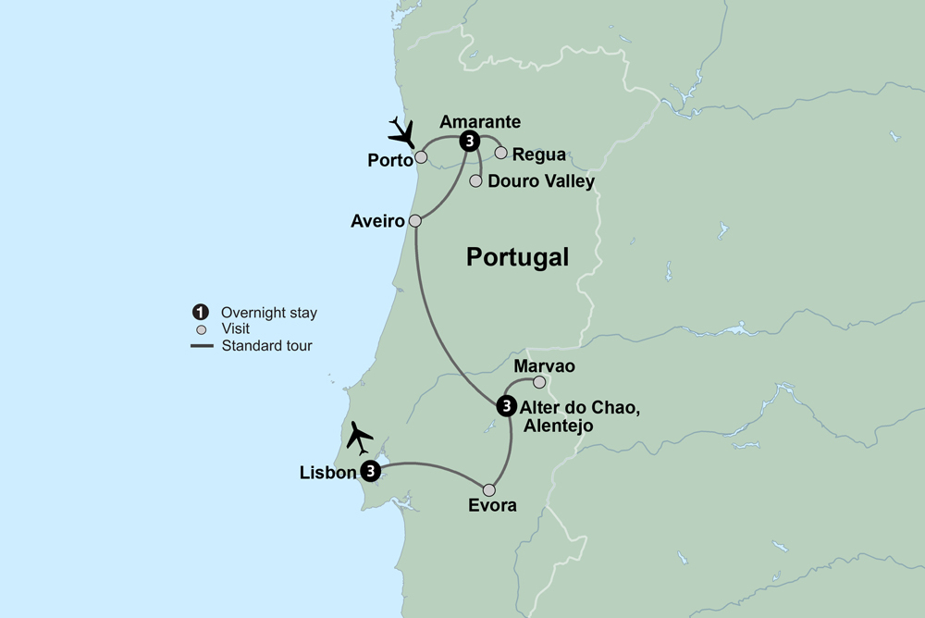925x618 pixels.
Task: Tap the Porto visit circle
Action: tap(421, 157)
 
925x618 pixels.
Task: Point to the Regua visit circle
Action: tap(501, 153)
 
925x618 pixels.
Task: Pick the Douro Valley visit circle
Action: tap(475, 181)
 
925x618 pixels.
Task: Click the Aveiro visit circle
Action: tap(415, 221)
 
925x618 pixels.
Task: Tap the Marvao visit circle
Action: tap(539, 382)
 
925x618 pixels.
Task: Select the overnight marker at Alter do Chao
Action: tap(506, 405)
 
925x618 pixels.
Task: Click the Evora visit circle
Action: tap(489, 490)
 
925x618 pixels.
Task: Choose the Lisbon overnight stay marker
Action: tap(370, 472)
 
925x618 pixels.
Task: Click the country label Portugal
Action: tap(517, 257)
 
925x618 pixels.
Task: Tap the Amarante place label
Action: tap(480, 121)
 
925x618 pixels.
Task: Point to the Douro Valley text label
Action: tap(540, 181)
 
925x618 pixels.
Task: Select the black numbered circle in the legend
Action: tap(200, 313)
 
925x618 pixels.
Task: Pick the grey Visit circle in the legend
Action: tap(200, 328)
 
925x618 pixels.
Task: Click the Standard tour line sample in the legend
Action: tap(202, 346)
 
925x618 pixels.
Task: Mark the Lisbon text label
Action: tap(327, 473)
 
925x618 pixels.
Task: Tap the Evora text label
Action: tap(492, 506)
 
